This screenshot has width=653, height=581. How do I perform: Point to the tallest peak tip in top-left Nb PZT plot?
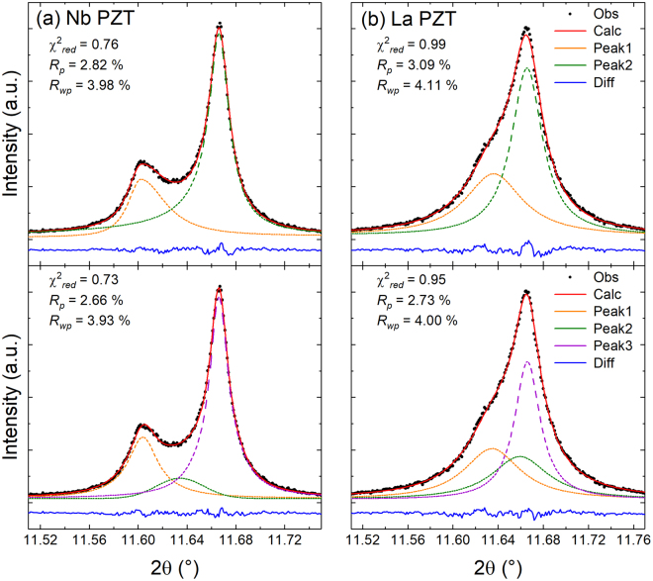219,27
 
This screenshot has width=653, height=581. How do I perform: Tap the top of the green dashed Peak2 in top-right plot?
527,68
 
